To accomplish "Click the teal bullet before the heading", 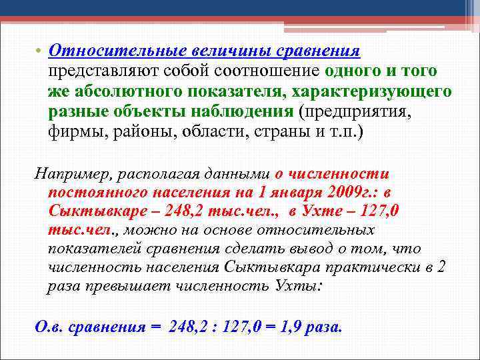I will click(40, 53).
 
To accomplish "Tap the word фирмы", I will click(75, 129).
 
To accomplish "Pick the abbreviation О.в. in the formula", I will click(49, 327).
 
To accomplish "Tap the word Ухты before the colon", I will click(297, 287).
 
